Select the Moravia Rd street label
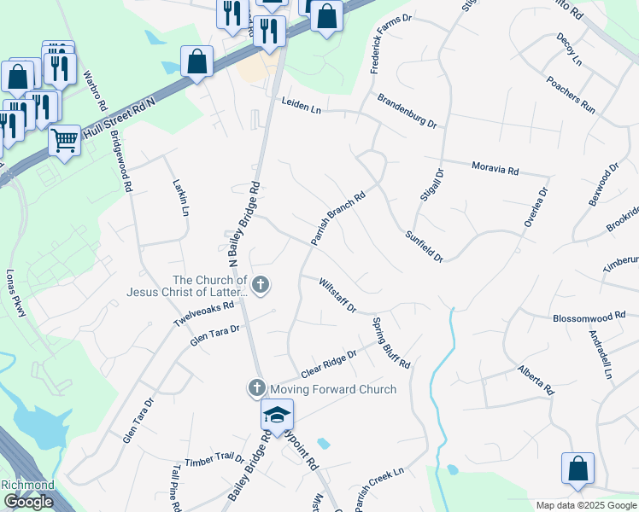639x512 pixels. pyautogui.click(x=495, y=167)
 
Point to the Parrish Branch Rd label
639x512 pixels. pyautogui.click(x=337, y=218)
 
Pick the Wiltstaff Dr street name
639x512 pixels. pyautogui.click(x=337, y=294)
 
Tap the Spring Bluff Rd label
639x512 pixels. pyautogui.click(x=391, y=343)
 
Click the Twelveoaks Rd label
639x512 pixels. pyautogui.click(x=203, y=313)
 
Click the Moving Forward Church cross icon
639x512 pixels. pyautogui.click(x=255, y=388)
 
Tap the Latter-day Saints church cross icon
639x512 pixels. pyautogui.click(x=261, y=285)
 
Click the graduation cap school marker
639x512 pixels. pyautogui.click(x=277, y=415)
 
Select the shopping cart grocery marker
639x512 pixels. pyautogui.click(x=64, y=139)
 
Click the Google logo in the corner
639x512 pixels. pyautogui.click(x=28, y=502)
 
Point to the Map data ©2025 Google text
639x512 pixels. pyautogui.click(x=586, y=505)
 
